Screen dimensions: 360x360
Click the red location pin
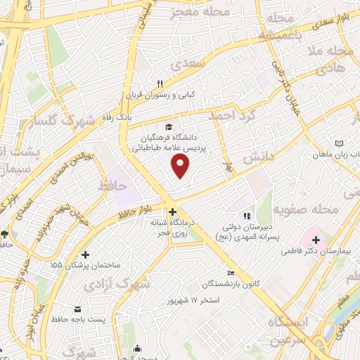click(x=181, y=166)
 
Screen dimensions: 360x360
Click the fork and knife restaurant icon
click(x=161, y=84)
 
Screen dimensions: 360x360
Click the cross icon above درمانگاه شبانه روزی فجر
click(x=173, y=211)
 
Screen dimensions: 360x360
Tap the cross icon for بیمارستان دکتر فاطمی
click(x=316, y=240)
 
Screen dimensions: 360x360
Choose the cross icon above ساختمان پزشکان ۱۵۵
click(x=86, y=255)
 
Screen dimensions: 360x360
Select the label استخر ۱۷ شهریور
click(x=193, y=300)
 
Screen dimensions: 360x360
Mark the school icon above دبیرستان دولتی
click(x=245, y=216)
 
